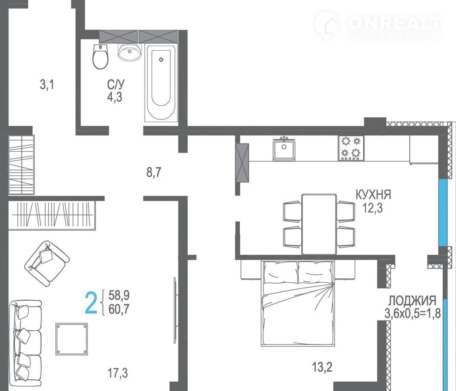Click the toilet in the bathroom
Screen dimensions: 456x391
click(100, 56)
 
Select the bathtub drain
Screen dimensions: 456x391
click(161, 60)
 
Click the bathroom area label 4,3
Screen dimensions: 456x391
click(115, 97)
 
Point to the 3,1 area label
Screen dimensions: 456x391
click(47, 85)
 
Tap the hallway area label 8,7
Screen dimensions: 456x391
click(153, 172)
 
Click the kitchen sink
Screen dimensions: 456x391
click(284, 149)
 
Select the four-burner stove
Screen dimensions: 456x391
click(351, 148)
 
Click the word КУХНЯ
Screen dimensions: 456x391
click(373, 195)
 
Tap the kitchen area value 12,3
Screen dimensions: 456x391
click(372, 208)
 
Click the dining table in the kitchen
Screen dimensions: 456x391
click(319, 224)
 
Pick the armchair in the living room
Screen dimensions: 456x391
click(47, 263)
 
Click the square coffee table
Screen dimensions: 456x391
click(72, 339)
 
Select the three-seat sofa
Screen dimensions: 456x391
click(25, 343)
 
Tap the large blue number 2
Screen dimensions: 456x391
click(91, 303)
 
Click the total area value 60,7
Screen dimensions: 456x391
click(119, 309)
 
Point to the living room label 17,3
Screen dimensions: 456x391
click(117, 373)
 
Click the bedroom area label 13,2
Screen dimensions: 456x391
click(322, 367)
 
